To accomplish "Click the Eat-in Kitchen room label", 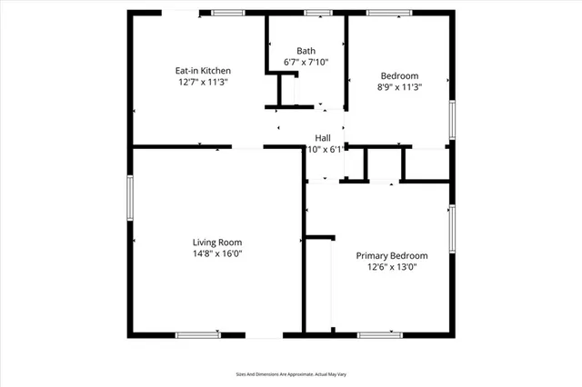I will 203,70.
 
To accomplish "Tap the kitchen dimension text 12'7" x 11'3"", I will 203,82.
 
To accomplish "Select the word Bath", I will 306,51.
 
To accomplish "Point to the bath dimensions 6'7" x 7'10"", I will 306,63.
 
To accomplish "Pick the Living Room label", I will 216,242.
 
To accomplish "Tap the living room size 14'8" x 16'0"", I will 216,253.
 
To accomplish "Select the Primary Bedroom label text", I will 391,256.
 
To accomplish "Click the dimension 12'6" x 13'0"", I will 391,268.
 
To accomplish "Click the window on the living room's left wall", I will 130,197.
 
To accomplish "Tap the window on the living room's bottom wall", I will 197,334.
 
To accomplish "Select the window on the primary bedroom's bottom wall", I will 380,334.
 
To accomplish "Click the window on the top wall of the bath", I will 317,13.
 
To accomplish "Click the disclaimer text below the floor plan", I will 290,373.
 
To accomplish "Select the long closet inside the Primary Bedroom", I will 319,283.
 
